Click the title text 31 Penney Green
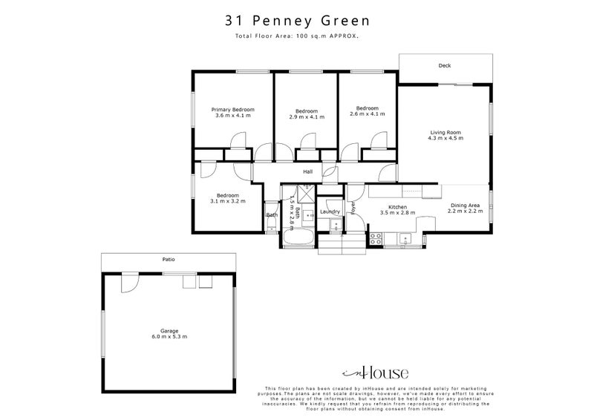pos(297,21)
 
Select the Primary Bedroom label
pos(233,109)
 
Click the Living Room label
pos(446,133)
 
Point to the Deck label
pos(444,65)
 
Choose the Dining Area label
pos(465,206)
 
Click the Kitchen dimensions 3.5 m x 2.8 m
pos(397,213)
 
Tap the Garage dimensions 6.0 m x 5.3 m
pos(169,337)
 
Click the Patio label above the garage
pos(169,260)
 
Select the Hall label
pos(307,172)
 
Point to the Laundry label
pos(330,211)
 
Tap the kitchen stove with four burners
pos(376,238)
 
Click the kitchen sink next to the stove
pos(405,238)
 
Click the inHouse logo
pos(374,373)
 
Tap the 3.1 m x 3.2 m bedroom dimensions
pos(227,200)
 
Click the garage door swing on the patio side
pos(128,281)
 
